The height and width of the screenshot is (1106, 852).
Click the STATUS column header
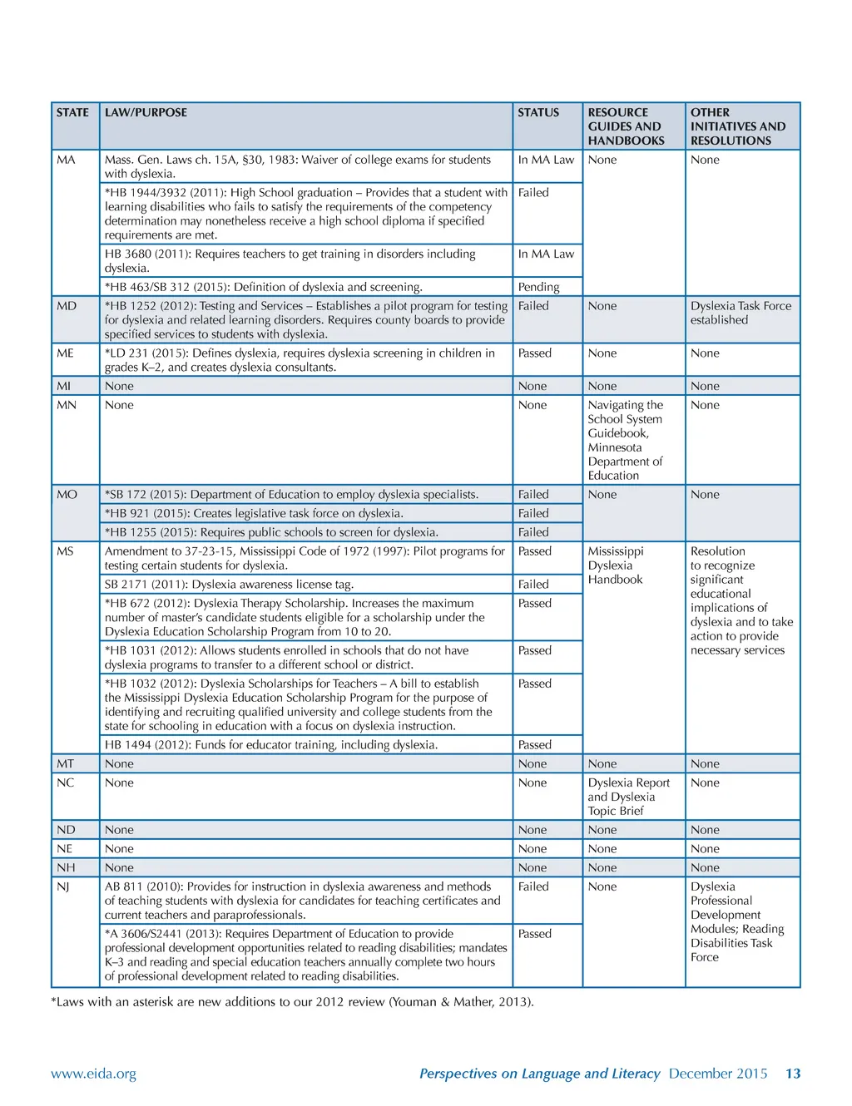(x=538, y=113)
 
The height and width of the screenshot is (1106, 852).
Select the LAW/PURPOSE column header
(x=146, y=113)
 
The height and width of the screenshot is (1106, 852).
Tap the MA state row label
(x=66, y=160)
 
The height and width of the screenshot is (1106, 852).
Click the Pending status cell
(x=538, y=287)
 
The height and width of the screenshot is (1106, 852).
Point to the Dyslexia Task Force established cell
(x=741, y=313)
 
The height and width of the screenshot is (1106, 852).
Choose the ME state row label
(x=65, y=353)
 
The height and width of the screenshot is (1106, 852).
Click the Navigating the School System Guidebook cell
(x=626, y=440)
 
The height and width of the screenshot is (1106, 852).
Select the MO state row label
(x=67, y=495)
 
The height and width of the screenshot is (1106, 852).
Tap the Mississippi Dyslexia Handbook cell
(x=616, y=565)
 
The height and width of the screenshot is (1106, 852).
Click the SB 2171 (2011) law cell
(x=229, y=585)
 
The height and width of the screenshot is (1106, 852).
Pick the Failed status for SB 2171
(x=533, y=585)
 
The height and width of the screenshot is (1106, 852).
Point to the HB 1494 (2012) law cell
(x=271, y=745)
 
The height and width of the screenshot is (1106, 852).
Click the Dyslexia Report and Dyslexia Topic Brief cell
(x=628, y=797)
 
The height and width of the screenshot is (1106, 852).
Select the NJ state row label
(x=63, y=886)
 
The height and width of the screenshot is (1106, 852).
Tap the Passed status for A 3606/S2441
(x=534, y=934)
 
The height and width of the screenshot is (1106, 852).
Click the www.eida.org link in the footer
(x=93, y=1074)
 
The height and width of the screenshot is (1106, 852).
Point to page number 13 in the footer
(x=793, y=1074)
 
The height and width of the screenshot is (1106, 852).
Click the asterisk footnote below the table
(x=292, y=1002)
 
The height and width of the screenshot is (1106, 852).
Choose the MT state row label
(x=65, y=764)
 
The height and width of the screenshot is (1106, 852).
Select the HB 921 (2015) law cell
(x=254, y=514)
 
